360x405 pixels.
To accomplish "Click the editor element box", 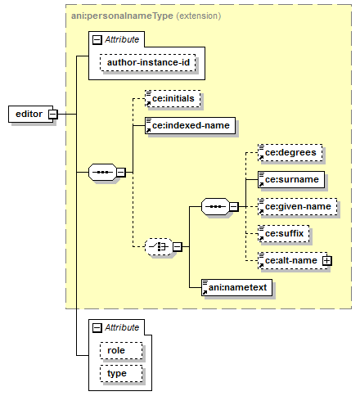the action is coord(30,114).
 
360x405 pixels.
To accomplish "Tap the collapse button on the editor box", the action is coord(53,114).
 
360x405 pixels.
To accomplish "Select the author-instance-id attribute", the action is coord(148,63).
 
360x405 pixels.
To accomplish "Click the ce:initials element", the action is coord(173,98).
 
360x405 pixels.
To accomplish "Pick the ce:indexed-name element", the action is coord(190,125).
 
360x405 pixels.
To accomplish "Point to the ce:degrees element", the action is coord(290,152).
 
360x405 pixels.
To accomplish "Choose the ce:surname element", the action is coord(291,179).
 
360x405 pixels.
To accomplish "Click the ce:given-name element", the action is coord(298,206).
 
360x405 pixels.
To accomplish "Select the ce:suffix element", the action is coord(284,233).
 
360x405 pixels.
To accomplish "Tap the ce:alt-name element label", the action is coord(291,260).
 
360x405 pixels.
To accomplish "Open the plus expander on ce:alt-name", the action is coord(327,261).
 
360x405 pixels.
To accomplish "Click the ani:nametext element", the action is coord(236,287).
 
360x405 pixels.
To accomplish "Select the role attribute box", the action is coord(121,350).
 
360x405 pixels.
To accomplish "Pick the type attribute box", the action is coord(121,373).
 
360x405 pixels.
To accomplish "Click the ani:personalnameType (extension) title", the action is coord(146,16).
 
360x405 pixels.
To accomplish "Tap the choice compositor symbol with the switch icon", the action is coord(159,247).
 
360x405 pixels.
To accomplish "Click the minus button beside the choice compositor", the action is coord(178,247).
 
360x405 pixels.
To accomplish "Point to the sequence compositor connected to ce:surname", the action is coord(215,206).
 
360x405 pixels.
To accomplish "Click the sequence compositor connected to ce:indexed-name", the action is coord(102,173).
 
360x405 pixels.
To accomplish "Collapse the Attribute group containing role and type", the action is coord(97,327).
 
